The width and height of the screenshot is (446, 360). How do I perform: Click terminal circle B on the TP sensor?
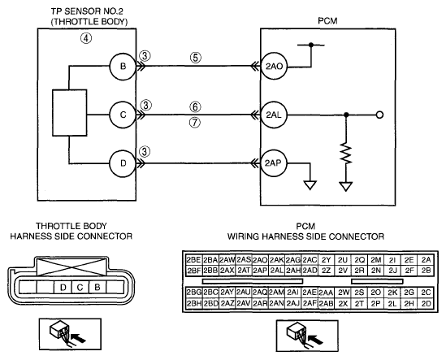click(123, 66)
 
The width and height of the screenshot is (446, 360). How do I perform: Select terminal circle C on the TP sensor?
click(123, 115)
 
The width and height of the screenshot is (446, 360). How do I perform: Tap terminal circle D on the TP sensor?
click(123, 163)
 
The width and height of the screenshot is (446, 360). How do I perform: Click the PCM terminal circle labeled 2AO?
click(275, 67)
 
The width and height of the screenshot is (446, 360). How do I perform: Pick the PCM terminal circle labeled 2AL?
click(275, 115)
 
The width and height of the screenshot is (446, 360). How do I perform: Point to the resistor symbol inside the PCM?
click(346, 153)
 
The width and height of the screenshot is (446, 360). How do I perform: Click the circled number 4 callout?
click(86, 38)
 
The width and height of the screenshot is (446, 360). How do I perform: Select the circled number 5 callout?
click(196, 58)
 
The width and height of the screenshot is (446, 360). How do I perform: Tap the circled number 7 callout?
click(195, 123)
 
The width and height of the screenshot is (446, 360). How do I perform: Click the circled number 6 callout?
click(195, 106)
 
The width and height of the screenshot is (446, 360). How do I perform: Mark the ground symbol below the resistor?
click(346, 186)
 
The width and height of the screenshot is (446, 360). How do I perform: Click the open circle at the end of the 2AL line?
click(379, 115)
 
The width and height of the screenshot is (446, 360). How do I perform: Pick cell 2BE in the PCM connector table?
click(193, 260)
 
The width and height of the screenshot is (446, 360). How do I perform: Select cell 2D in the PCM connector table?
click(426, 304)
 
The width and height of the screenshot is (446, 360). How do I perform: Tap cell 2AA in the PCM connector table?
click(326, 293)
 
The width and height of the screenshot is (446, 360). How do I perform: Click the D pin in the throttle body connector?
click(63, 287)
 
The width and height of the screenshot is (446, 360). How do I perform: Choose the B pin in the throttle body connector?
click(97, 287)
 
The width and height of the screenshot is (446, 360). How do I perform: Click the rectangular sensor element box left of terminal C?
click(70, 113)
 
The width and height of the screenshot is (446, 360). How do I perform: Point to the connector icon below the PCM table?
click(307, 336)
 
